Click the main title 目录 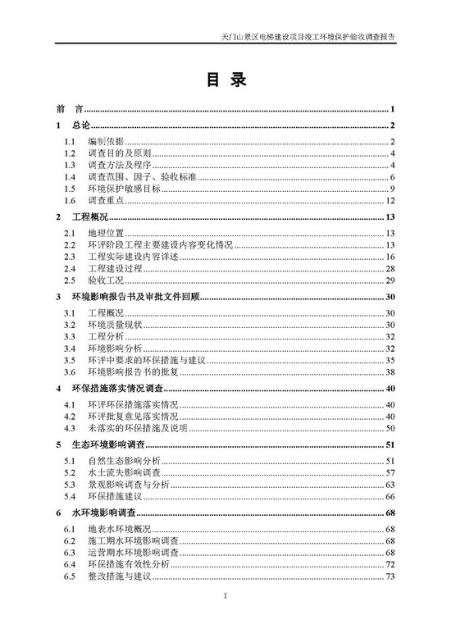(x=225, y=80)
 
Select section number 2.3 (x=71, y=257)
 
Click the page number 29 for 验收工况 (x=391, y=280)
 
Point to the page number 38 (x=391, y=371)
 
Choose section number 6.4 (x=71, y=565)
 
